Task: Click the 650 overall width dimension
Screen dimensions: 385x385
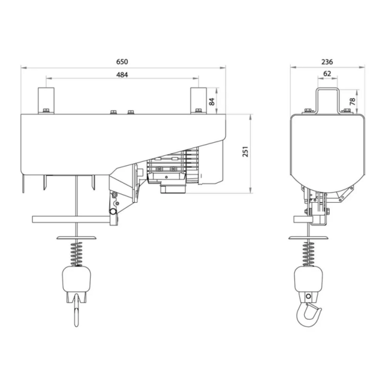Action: [122, 62]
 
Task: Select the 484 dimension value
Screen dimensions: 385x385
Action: [122, 74]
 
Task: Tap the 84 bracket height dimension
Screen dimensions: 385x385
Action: [212, 101]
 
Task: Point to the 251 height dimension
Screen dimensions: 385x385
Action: [245, 153]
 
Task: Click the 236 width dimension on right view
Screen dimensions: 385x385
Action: [327, 62]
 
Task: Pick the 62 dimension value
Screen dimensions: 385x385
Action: [327, 74]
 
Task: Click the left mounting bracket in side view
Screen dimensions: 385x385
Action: [46, 100]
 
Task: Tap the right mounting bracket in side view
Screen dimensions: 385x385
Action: [198, 100]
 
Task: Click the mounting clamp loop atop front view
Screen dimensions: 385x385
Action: [327, 99]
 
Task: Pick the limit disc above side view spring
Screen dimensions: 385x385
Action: [77, 237]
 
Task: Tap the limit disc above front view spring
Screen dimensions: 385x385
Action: [309, 237]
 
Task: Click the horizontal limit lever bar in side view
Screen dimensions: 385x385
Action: [72, 219]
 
